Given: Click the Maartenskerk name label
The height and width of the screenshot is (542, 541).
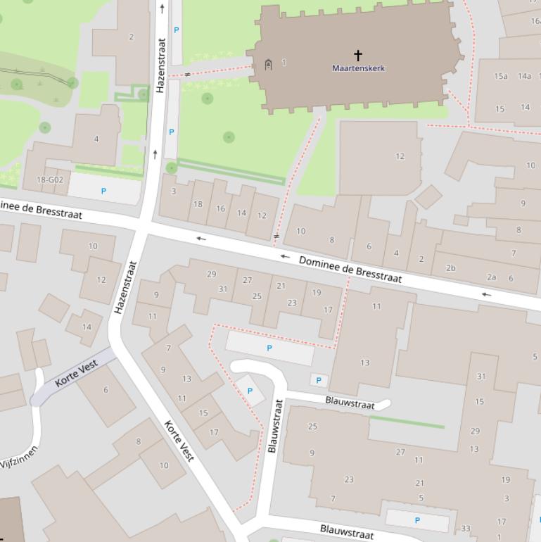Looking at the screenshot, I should coord(359,68).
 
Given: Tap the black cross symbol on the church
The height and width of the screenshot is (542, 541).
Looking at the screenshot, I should coord(358,55).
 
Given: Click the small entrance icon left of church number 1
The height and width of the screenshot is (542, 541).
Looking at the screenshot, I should coord(268,65).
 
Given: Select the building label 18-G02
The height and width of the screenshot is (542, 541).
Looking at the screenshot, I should coord(50,180).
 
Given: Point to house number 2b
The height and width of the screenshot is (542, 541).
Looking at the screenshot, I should coord(450,267).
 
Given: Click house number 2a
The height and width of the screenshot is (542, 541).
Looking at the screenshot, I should coord(491,277).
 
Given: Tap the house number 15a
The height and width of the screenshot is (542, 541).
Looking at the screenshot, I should coord(501,76).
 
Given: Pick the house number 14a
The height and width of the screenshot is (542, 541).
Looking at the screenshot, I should coord(525,76).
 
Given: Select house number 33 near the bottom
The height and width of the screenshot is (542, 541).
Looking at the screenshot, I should coord(465,529).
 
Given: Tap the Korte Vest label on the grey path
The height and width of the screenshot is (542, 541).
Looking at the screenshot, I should coord(76,373).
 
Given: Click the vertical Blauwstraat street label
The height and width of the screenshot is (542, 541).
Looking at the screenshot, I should coord(276,426).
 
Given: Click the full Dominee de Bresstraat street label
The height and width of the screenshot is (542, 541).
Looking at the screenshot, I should coord(350,270).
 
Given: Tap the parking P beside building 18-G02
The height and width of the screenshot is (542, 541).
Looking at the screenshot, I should coord(103,191).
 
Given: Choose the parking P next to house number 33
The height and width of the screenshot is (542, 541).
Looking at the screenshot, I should coord(417,521).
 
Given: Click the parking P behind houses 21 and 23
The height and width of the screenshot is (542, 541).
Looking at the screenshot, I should coord(269,348).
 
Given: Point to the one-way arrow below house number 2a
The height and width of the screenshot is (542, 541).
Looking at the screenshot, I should coord(486,294).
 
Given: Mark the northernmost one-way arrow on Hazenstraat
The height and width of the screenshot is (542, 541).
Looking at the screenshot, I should coord(163,8).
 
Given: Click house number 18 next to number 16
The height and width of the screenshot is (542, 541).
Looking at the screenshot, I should coord(198,204).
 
